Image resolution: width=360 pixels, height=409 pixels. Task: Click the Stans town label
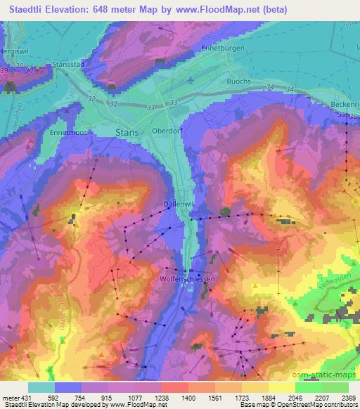(127, 131)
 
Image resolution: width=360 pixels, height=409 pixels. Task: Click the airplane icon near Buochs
(190, 80)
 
